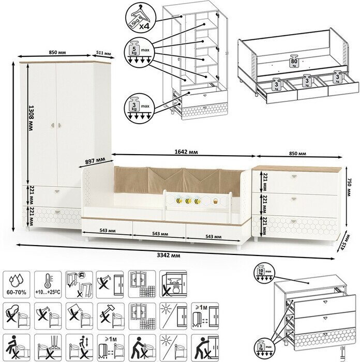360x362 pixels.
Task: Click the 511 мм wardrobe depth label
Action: pyautogui.click(x=103, y=54)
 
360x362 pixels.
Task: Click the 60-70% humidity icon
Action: pyautogui.click(x=17, y=284)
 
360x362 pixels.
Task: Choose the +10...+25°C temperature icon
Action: pyautogui.click(x=48, y=284)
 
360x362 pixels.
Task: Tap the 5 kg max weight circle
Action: pyautogui.click(x=138, y=52)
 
